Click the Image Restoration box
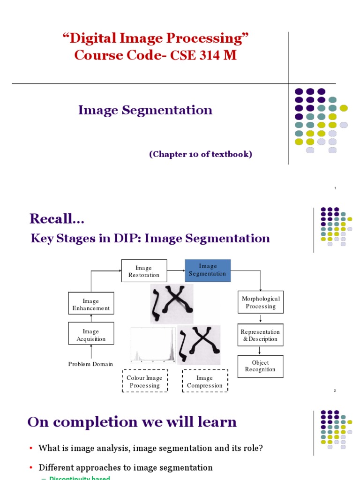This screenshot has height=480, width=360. (144, 271)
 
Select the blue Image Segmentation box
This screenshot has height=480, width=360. (208, 270)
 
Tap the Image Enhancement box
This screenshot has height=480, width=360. (91, 305)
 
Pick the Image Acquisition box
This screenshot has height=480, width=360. (91, 335)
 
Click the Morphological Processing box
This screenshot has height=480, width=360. (261, 302)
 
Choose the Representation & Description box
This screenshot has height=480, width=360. (261, 335)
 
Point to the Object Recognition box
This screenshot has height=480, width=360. (260, 366)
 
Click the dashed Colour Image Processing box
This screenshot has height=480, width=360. (145, 382)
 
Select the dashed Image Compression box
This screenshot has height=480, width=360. (205, 382)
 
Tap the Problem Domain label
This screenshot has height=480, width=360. (90, 364)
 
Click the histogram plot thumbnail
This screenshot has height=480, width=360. (153, 345)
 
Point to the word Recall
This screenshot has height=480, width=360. (53, 218)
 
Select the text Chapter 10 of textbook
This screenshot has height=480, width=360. (201, 154)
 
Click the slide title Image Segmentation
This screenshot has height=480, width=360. (145, 110)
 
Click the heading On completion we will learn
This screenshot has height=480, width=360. (132, 422)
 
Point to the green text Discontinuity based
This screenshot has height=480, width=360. (79, 478)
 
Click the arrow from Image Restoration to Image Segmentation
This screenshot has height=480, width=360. (176, 270)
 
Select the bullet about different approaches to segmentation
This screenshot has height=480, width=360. (125, 467)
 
